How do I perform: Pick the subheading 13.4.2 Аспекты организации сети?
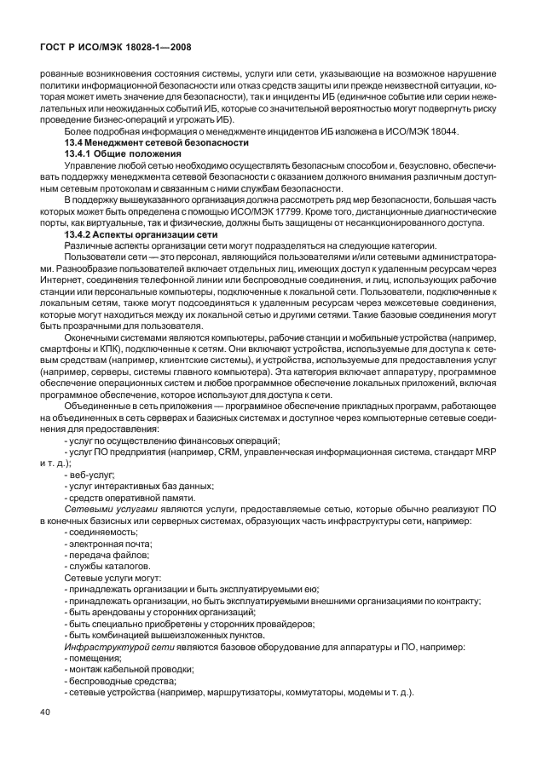[142, 233]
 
